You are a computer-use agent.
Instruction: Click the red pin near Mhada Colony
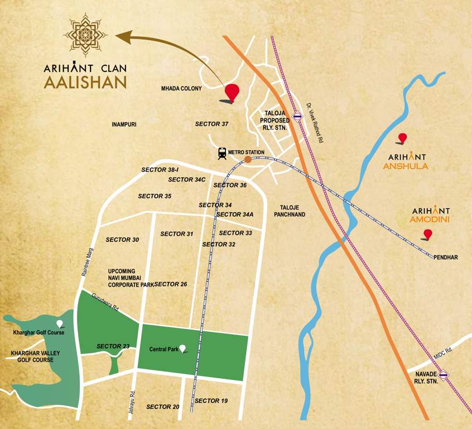pos(232,92)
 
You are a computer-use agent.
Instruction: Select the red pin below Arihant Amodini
pos(428,234)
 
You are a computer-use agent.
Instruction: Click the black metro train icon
pos(223,152)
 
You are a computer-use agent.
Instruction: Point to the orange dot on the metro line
pos(248,160)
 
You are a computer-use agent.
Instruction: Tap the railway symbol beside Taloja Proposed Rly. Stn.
pos(298,117)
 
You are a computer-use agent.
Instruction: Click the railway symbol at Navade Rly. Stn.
pos(444,375)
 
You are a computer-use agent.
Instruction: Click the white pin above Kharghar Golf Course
pos(60,323)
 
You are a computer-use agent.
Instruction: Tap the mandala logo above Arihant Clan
pos(85,35)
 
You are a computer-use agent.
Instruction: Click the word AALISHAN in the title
pos(85,83)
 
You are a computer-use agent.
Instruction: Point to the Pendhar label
pos(446,258)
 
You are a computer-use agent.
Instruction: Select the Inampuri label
pos(124,124)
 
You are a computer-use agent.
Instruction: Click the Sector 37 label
pos(212,123)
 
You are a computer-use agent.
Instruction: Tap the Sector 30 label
pos(122,240)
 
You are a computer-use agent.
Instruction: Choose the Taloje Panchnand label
pos(289,211)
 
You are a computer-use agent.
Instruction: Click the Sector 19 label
pos(211,401)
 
